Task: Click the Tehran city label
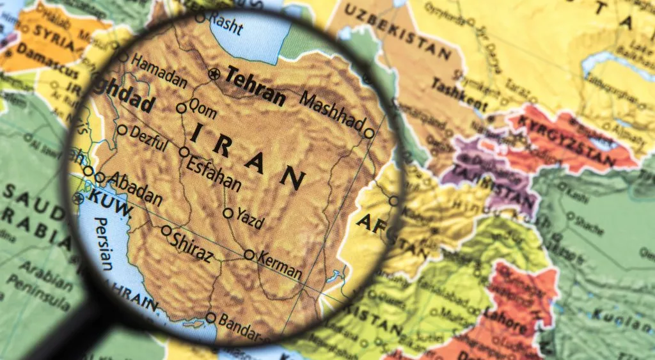click(x=255, y=86)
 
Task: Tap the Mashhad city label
click(x=331, y=111)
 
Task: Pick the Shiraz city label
click(x=192, y=246)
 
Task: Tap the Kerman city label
click(x=280, y=264)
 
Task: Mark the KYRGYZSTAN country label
click(x=571, y=136)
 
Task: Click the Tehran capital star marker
click(x=214, y=75)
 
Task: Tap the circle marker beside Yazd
click(x=228, y=213)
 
